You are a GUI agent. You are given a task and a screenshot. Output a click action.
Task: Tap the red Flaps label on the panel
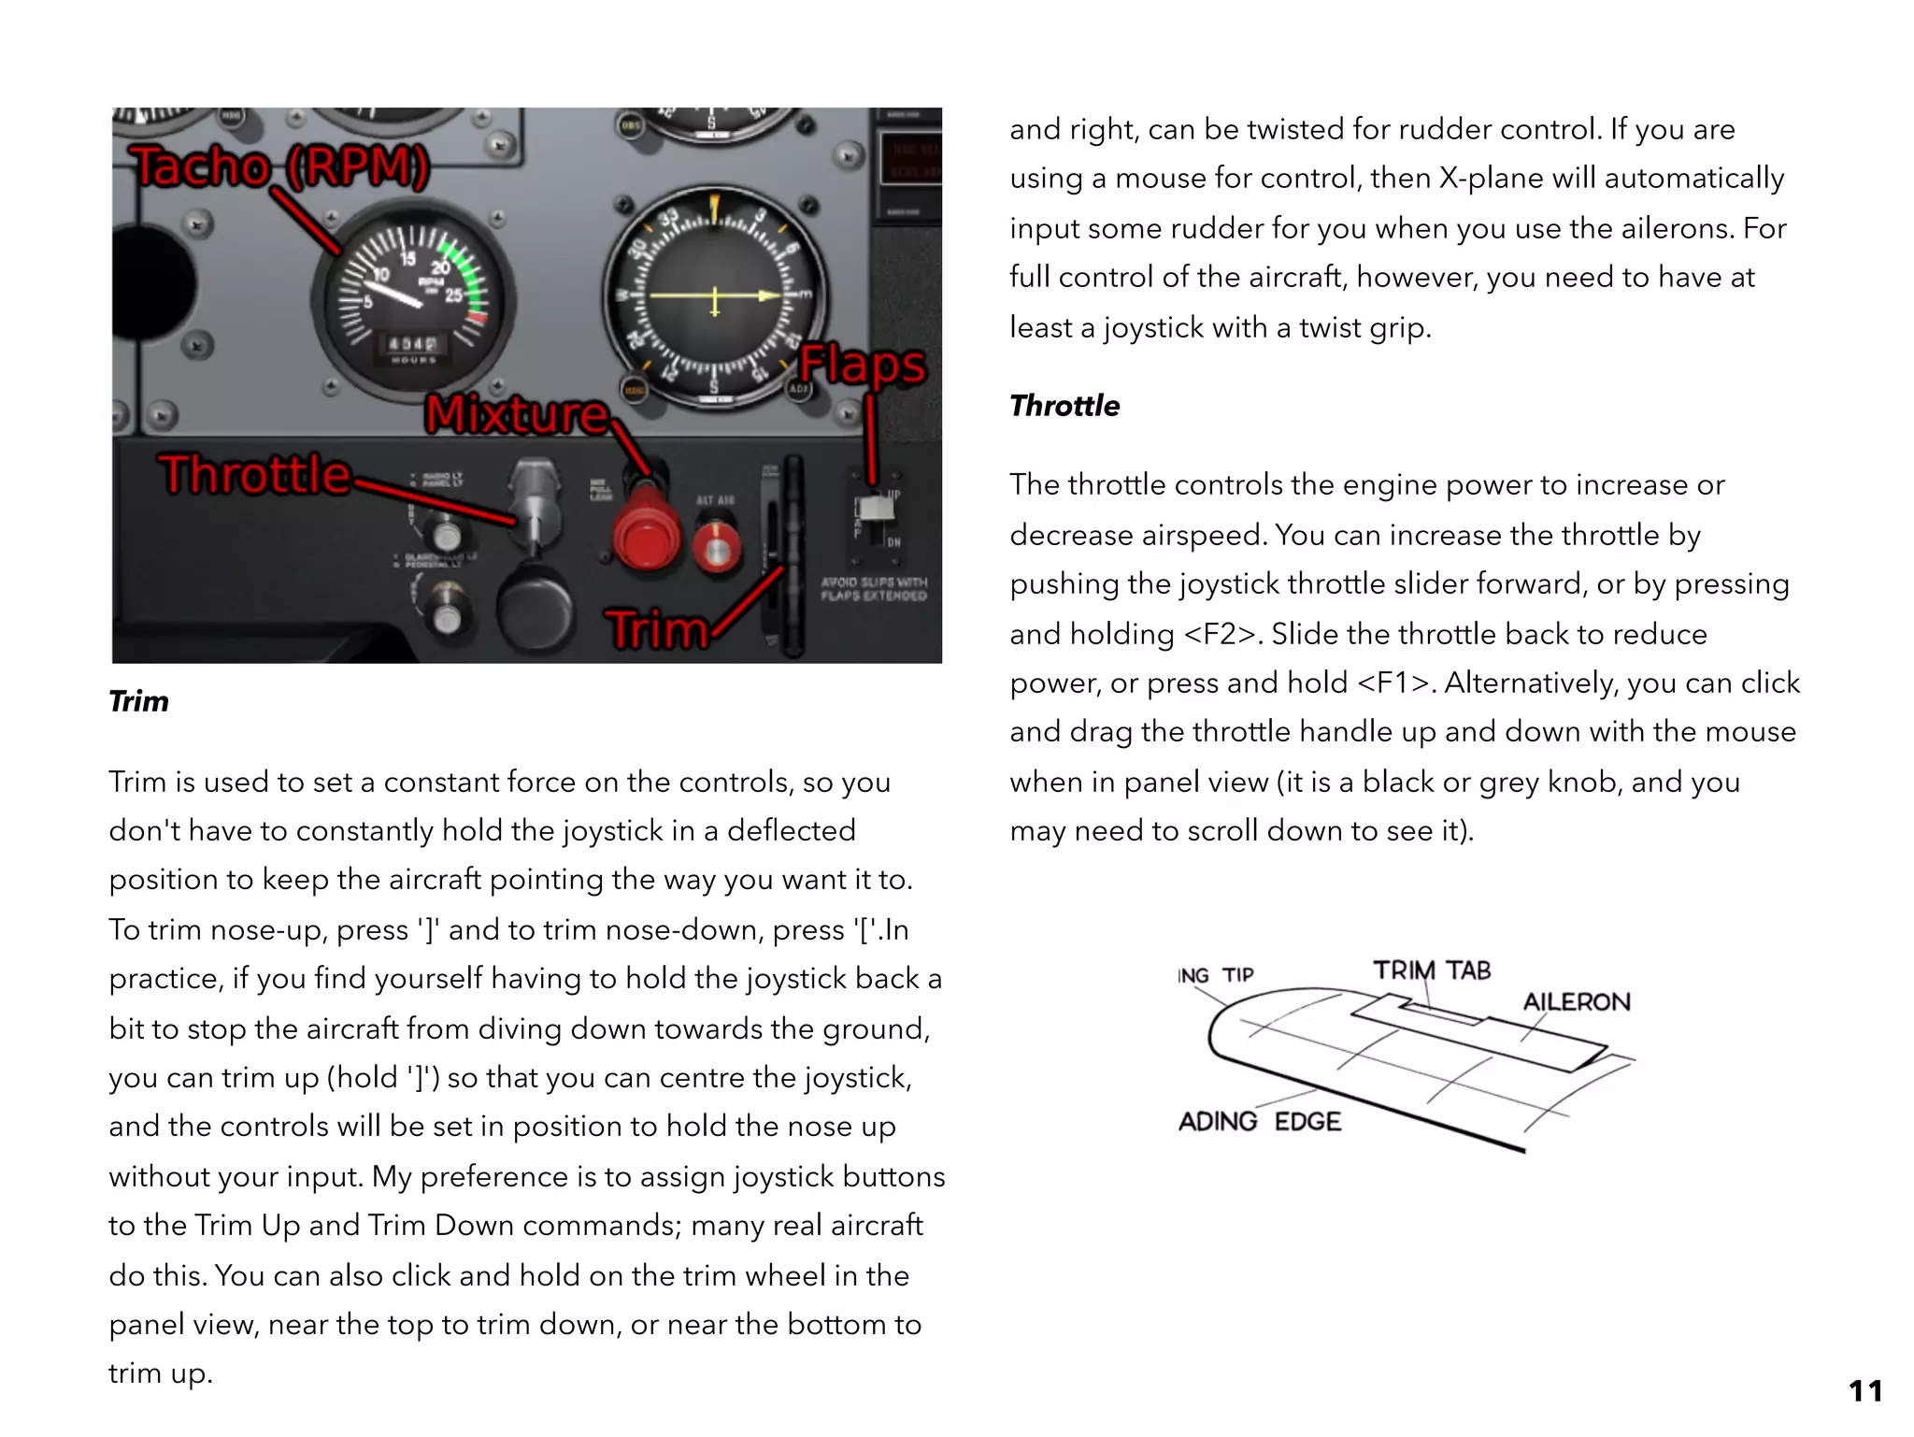click(862, 365)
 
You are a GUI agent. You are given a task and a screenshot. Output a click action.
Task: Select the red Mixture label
click(517, 413)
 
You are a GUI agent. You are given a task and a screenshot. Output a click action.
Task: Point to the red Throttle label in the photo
click(254, 474)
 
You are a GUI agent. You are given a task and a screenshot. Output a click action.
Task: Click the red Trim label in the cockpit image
click(657, 629)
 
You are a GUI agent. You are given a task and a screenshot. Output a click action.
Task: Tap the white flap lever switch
click(876, 508)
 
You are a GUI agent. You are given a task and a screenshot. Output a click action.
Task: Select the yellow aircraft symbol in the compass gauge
click(715, 297)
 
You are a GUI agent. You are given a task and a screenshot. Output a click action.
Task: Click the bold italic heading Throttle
click(1064, 406)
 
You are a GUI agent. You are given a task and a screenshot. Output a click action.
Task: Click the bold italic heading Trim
click(138, 701)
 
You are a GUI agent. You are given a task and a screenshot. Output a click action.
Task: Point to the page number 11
click(1864, 1390)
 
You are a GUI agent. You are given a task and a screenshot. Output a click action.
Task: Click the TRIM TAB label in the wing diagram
click(1431, 970)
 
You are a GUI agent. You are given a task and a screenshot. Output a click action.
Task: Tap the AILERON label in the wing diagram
click(1576, 1002)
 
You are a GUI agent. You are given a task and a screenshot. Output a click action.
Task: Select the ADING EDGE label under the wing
click(1259, 1121)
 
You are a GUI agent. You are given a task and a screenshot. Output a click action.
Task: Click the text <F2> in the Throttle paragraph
click(1220, 634)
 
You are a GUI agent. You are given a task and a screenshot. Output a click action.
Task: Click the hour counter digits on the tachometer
click(412, 345)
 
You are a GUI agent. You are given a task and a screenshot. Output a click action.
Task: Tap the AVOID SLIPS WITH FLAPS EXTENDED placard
click(874, 588)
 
